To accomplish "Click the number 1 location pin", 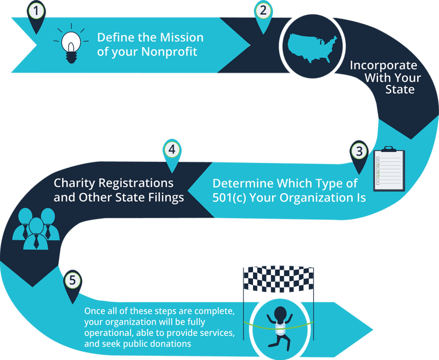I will coord(37,12).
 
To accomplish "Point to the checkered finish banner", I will coord(279,279).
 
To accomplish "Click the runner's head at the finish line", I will coord(280,314).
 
